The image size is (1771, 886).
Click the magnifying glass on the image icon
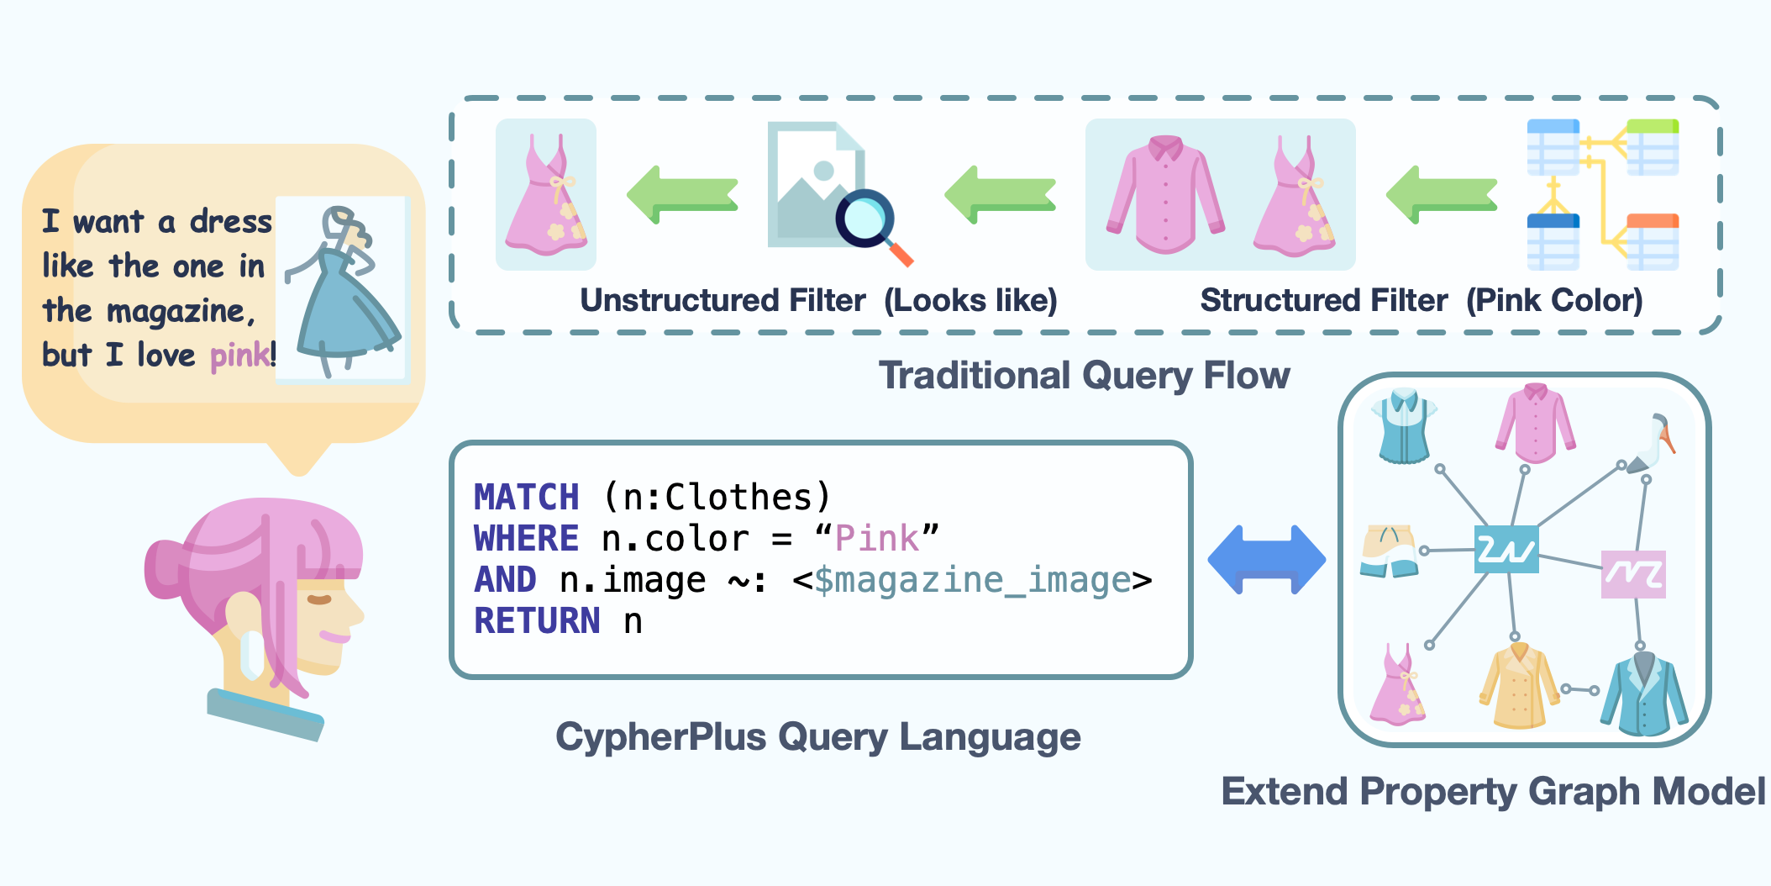click(865, 219)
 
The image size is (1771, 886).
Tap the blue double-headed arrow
click(1266, 560)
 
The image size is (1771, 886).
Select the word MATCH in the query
click(526, 498)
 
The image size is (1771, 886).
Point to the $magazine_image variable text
click(972, 580)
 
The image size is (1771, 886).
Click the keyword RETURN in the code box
click(537, 621)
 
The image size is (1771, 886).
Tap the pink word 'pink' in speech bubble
click(239, 356)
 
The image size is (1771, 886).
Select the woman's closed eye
click(319, 599)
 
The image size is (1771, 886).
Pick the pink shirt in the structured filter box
click(1165, 195)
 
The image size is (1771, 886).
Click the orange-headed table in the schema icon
click(1652, 242)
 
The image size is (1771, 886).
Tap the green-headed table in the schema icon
click(1652, 147)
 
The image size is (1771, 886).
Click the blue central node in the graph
click(1506, 550)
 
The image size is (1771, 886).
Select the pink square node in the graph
click(1632, 574)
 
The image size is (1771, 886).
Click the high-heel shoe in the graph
click(1652, 443)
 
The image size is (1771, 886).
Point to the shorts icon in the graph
click(1390, 551)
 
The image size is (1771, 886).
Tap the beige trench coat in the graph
click(1518, 687)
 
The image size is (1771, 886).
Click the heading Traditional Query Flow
click(1084, 376)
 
